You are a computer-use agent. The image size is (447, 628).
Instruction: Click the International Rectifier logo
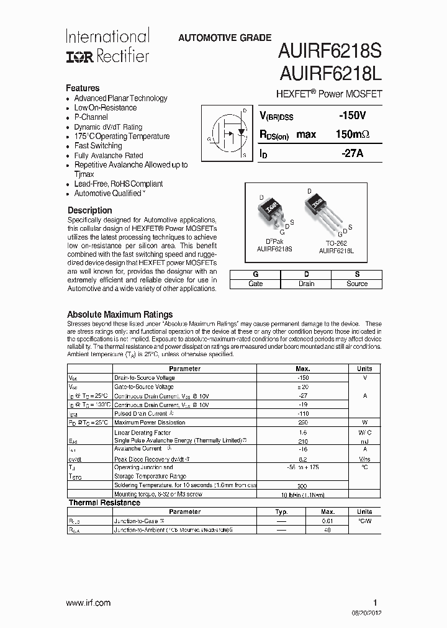coord(107,47)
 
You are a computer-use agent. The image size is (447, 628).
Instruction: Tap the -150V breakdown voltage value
coord(352,115)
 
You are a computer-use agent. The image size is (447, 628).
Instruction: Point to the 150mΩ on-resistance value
coord(352,134)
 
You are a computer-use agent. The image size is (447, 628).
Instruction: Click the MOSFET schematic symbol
coord(228,133)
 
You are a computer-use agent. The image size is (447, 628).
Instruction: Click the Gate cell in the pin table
coord(255,284)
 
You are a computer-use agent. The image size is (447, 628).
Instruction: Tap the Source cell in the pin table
coord(357,284)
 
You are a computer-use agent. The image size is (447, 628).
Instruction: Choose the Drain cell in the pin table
coord(306,284)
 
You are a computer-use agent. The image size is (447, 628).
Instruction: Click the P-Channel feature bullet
coord(91,117)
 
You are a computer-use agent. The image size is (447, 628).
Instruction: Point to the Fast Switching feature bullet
coord(98,146)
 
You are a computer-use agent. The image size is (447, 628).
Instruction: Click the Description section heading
coord(89,210)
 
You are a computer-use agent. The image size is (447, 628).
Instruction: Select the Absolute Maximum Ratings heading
coord(120,314)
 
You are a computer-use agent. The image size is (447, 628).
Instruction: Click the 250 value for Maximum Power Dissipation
coord(304,422)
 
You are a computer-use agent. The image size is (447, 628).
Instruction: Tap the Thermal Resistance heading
coord(100,502)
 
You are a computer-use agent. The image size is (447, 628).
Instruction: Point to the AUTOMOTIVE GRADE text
coord(225,38)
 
